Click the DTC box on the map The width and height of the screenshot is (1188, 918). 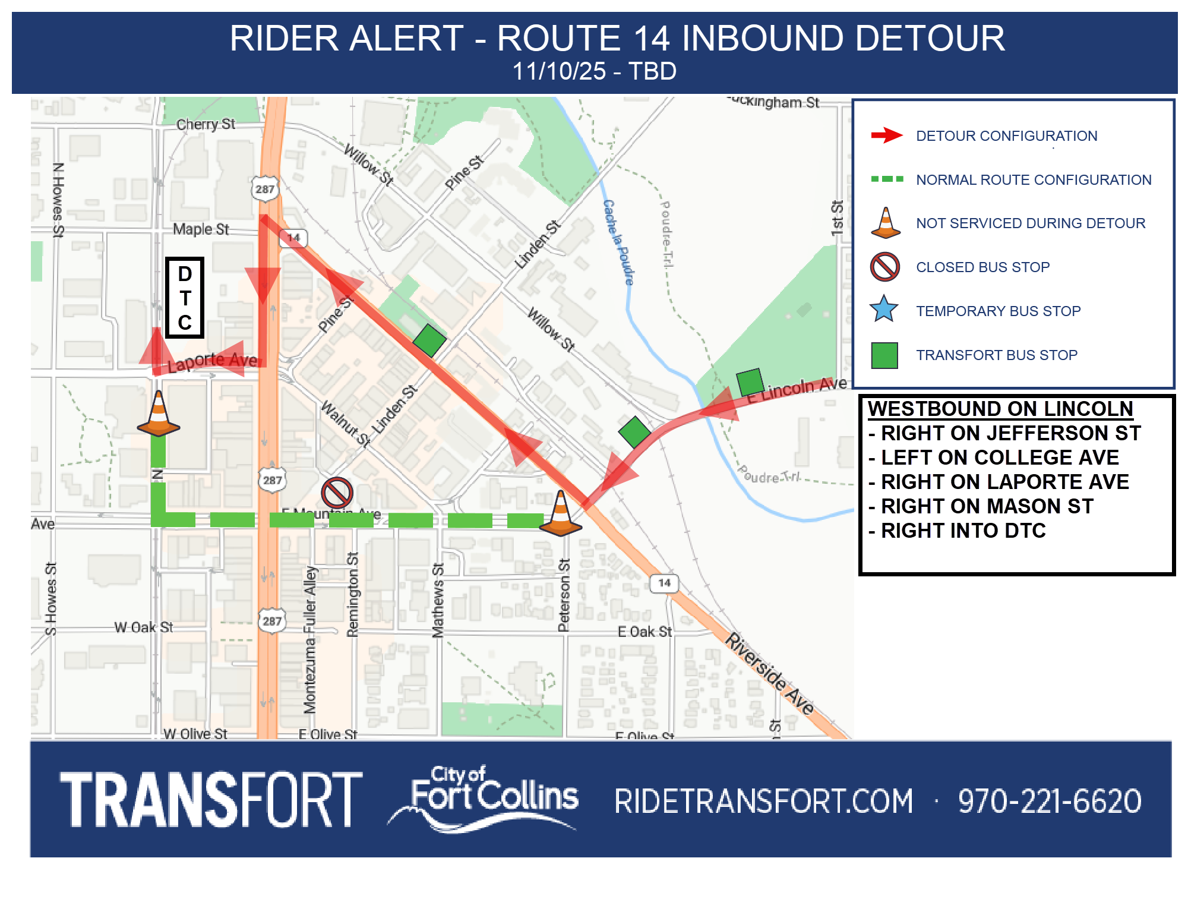point(185,298)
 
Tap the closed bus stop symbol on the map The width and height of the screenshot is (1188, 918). point(337,493)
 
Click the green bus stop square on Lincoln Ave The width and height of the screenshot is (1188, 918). point(750,382)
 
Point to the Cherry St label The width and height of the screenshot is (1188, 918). point(206,124)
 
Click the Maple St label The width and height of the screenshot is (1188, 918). point(201,229)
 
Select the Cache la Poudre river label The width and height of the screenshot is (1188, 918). point(619,242)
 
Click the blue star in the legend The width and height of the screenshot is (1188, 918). point(884,310)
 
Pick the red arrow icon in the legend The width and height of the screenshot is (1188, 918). point(886,135)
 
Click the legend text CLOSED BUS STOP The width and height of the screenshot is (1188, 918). point(982,267)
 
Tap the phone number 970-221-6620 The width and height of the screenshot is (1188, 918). point(1050,801)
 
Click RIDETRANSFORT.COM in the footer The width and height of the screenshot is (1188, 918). point(763,801)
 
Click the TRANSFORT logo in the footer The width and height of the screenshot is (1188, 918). point(211,799)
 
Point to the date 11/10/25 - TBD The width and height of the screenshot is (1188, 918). point(594,71)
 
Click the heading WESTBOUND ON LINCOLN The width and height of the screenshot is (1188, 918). point(1000,409)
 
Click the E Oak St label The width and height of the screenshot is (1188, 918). point(644,632)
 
